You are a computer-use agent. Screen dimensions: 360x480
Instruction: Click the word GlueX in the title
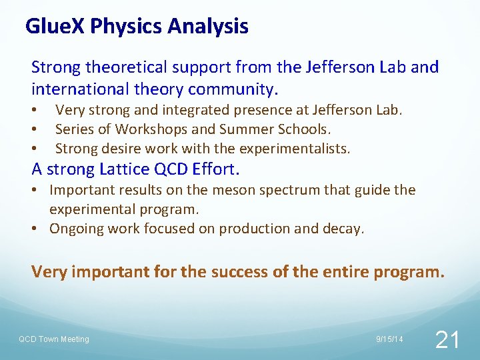point(55,27)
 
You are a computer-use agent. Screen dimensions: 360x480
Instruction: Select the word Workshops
point(145,129)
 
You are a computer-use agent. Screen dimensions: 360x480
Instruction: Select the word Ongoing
point(77,229)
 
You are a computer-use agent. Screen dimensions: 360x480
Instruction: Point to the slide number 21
point(446,340)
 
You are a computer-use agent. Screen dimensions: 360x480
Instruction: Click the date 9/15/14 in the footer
point(390,339)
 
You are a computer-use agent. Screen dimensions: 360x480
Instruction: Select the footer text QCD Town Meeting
point(53,339)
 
